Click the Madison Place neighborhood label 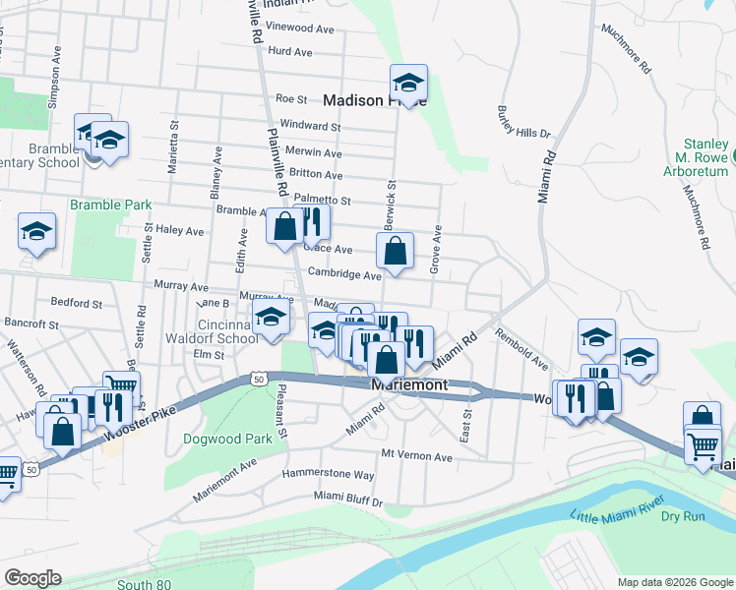coord(374,99)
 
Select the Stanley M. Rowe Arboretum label coord(694,157)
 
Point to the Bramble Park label coord(110,205)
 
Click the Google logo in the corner coord(31,578)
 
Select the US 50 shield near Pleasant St coord(257,378)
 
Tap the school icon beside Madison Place coord(408,83)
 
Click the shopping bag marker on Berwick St coord(395,251)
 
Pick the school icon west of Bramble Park coord(36,231)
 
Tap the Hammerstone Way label coord(328,474)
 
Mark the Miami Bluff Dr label coord(347,501)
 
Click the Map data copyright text coord(674,581)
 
